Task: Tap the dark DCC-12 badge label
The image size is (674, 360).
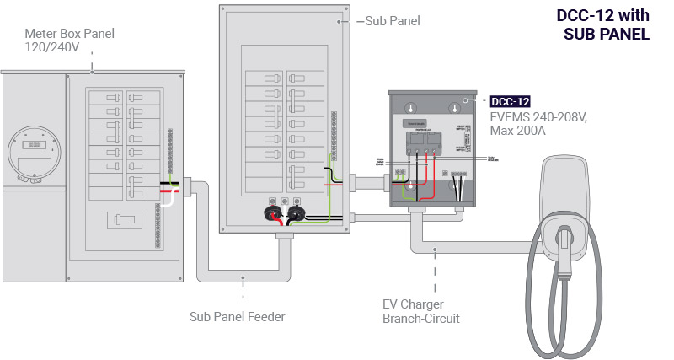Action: (510, 101)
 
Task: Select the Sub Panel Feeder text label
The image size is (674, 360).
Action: (238, 317)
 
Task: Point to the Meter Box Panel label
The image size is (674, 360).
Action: (69, 40)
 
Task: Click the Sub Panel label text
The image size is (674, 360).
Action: (393, 20)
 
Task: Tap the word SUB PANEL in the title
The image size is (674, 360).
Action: (607, 35)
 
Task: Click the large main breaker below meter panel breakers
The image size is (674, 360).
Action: (125, 220)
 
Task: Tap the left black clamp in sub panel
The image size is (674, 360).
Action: (275, 213)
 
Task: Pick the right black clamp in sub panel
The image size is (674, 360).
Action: (296, 213)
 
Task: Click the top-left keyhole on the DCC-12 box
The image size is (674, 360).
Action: (411, 109)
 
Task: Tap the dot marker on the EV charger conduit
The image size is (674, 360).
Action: (435, 250)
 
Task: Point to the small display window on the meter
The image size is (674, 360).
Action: (31, 146)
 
